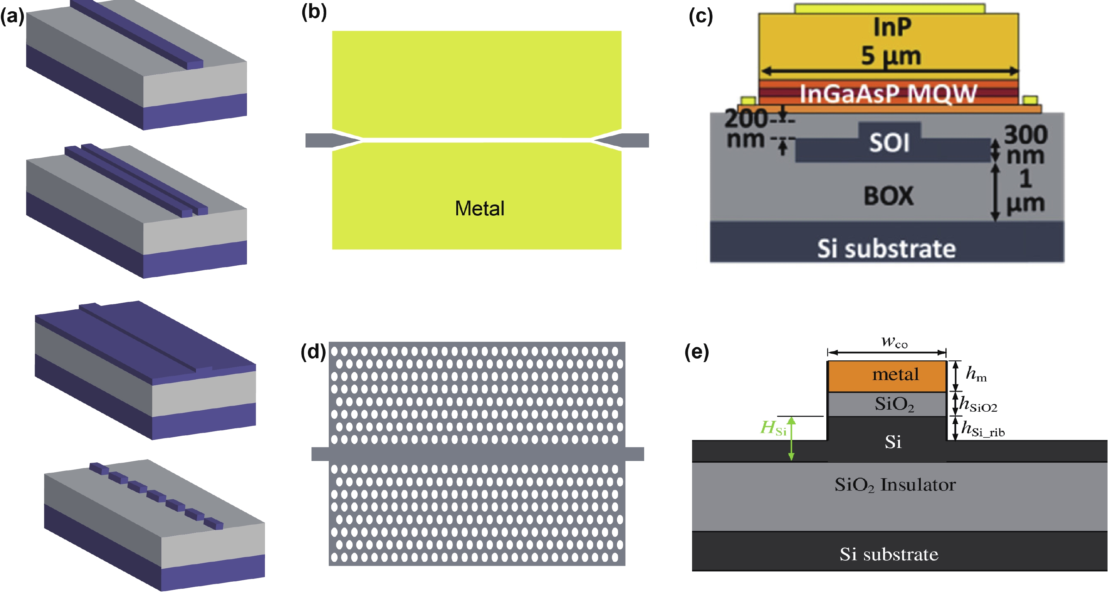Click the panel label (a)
point(12,16)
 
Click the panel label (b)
point(314,12)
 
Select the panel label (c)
point(701,16)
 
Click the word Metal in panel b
point(479,208)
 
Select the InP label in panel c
point(892,27)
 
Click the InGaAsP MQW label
point(888,93)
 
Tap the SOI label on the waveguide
point(889,142)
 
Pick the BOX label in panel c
point(888,196)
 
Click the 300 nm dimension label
point(1025,145)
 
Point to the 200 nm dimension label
point(745,129)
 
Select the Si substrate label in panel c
point(886,248)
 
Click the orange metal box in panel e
point(886,375)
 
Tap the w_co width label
point(894,342)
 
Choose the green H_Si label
point(773,428)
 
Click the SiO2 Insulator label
point(895,485)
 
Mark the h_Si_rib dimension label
point(982,429)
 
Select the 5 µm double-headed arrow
point(889,71)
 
